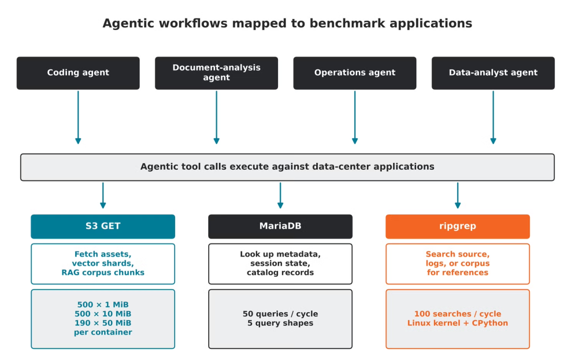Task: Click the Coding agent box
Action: (x=78, y=73)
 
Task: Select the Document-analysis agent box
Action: (x=216, y=73)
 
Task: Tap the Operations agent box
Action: (x=355, y=73)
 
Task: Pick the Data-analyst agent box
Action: (x=493, y=73)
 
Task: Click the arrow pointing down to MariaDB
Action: (x=280, y=195)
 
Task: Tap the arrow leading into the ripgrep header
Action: (x=458, y=195)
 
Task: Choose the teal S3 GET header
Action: (x=103, y=226)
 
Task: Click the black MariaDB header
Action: (x=280, y=226)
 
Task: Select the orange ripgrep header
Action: (x=458, y=226)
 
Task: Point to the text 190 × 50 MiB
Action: (x=103, y=323)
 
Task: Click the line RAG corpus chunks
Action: (x=103, y=273)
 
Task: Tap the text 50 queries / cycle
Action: (x=280, y=314)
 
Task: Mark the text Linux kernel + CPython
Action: (x=458, y=323)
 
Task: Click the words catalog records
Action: (x=280, y=273)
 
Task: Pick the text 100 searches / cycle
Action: (x=458, y=314)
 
